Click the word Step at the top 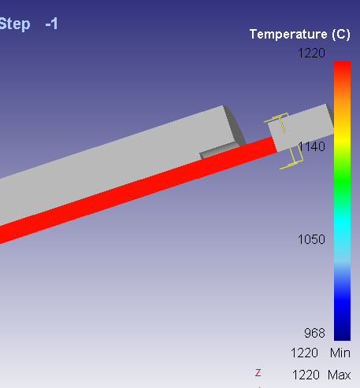click(15, 24)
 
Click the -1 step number click(51, 24)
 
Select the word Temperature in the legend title click(288, 35)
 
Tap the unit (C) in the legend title click(341, 35)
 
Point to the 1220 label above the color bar click(311, 54)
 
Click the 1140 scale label click(311, 146)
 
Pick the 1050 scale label click(311, 239)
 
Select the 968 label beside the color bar click(314, 333)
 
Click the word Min click(340, 353)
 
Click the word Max click(340, 375)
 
